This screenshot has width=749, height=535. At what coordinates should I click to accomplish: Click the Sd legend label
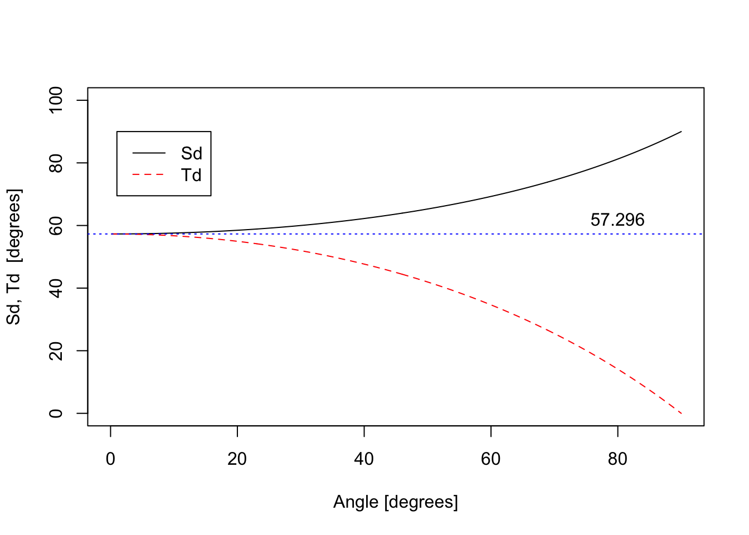(191, 153)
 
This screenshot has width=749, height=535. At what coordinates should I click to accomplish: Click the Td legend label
(191, 176)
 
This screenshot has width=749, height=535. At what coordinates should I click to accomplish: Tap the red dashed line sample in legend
(149, 175)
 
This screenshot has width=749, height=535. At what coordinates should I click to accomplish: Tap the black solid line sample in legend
(149, 153)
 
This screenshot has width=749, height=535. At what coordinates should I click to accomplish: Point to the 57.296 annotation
(617, 220)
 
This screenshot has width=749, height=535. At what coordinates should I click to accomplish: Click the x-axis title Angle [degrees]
(396, 502)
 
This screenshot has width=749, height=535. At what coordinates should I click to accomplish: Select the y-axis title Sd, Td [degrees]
(14, 257)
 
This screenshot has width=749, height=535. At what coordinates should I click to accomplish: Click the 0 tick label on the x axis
(111, 459)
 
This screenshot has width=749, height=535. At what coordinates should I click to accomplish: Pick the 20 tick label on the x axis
(237, 459)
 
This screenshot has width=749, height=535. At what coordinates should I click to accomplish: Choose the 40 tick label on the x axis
(364, 459)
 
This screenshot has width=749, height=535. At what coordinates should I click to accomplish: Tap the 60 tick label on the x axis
(490, 459)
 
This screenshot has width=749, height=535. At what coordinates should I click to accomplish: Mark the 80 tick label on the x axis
(617, 459)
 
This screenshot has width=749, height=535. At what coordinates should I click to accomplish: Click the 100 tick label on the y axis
(56, 100)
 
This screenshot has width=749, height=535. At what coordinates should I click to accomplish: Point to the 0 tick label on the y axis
(56, 413)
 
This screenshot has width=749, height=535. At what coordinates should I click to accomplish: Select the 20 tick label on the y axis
(56, 351)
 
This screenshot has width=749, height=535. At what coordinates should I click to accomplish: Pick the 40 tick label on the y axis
(56, 288)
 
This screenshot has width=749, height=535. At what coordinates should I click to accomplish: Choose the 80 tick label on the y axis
(56, 163)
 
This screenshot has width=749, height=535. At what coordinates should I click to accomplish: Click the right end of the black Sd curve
(681, 132)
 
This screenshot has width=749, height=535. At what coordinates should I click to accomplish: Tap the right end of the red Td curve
(681, 413)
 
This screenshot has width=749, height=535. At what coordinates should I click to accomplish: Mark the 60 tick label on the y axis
(56, 225)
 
